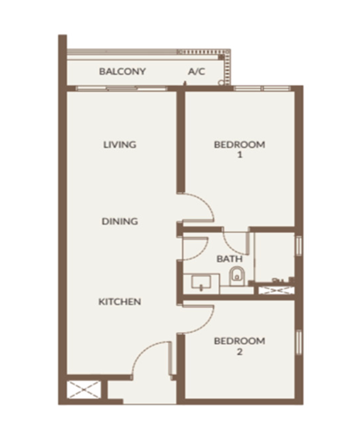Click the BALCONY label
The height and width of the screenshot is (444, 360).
[x=123, y=71]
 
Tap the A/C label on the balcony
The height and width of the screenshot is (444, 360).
[x=196, y=72]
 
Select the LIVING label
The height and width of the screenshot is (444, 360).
[x=119, y=144]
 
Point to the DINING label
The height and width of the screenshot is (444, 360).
[x=120, y=221]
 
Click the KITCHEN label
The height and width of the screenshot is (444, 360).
[x=119, y=301]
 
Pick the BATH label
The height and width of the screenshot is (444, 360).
[x=229, y=259]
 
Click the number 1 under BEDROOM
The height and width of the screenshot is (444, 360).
[x=239, y=155]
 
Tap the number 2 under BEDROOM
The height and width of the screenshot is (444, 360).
[x=239, y=352]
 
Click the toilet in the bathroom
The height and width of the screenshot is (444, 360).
[x=237, y=276]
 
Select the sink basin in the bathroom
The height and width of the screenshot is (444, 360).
[x=201, y=283]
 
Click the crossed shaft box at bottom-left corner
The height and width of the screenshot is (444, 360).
[x=84, y=389]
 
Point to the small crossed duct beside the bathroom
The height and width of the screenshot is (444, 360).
[x=276, y=290]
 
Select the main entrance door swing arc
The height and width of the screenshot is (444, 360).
[x=141, y=351]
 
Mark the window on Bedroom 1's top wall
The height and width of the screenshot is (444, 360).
[x=262, y=89]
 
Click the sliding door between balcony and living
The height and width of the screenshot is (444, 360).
[x=122, y=89]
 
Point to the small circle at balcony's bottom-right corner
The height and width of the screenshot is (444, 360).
[x=221, y=83]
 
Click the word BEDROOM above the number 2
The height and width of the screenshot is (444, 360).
[x=239, y=341]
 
